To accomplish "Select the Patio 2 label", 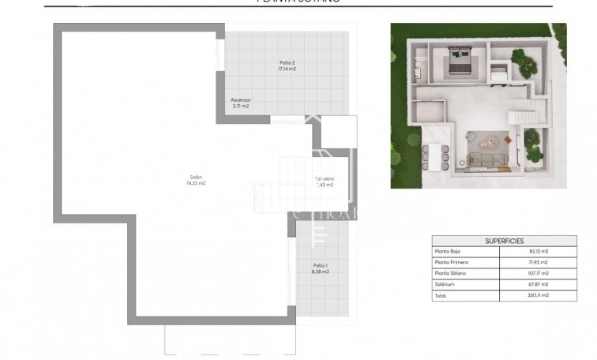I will click(x=287, y=62).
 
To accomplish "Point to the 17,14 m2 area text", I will click(x=287, y=69).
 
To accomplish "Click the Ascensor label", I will click(x=241, y=100).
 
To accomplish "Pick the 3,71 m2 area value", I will click(x=241, y=107).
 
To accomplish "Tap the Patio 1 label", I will click(x=321, y=265).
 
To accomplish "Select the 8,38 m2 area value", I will click(x=321, y=272).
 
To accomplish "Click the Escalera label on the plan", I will click(x=325, y=178).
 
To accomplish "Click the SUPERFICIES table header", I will click(x=504, y=241).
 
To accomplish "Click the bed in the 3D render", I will click(x=458, y=66).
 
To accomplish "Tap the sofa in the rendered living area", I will click(x=490, y=160).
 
